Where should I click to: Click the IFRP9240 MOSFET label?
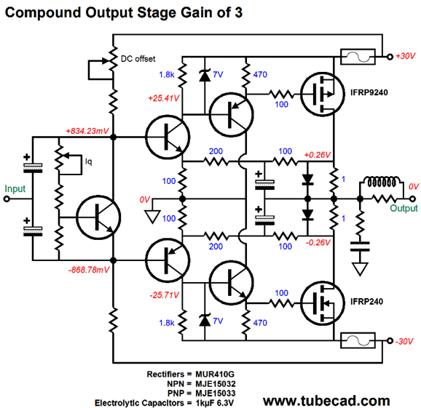click(369, 92)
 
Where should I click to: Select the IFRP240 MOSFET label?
click(366, 302)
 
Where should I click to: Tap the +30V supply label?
click(406, 56)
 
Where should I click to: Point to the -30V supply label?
click(404, 341)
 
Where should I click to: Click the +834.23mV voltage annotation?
click(87, 131)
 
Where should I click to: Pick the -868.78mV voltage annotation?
click(89, 270)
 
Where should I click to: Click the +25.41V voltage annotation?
click(163, 98)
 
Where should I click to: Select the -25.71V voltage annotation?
click(165, 295)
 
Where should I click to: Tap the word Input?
click(15, 189)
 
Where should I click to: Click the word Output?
click(404, 208)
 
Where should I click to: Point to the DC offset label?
click(138, 59)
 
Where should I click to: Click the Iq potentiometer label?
click(88, 161)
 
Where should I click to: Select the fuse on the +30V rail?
click(358, 57)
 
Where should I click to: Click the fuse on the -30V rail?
click(358, 340)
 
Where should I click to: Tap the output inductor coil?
click(381, 183)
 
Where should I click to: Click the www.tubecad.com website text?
click(326, 401)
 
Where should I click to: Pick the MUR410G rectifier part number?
click(215, 374)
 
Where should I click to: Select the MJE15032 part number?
click(216, 383)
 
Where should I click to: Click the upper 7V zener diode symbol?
click(205, 75)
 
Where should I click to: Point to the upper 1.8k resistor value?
click(167, 74)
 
